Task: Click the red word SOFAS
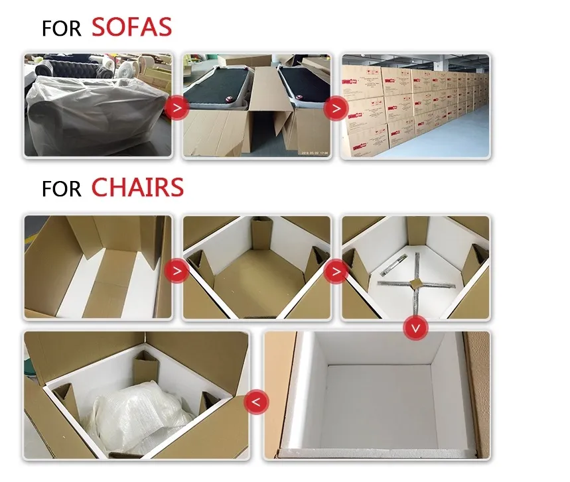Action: click(131, 27)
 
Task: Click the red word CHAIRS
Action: click(137, 188)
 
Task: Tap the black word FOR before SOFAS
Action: click(61, 29)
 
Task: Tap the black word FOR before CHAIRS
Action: click(61, 189)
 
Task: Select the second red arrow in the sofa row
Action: click(336, 107)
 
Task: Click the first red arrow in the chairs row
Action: click(177, 270)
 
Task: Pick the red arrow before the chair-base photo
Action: click(336, 270)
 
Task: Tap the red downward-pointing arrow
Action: click(416, 328)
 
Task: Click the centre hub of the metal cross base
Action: click(415, 283)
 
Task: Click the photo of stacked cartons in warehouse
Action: click(415, 106)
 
